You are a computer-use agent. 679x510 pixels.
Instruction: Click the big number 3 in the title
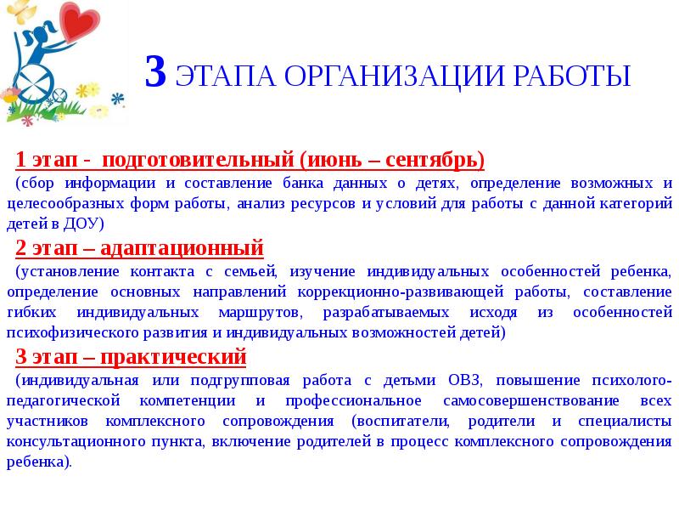point(155,73)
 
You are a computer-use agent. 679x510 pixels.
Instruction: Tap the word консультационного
point(78,443)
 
